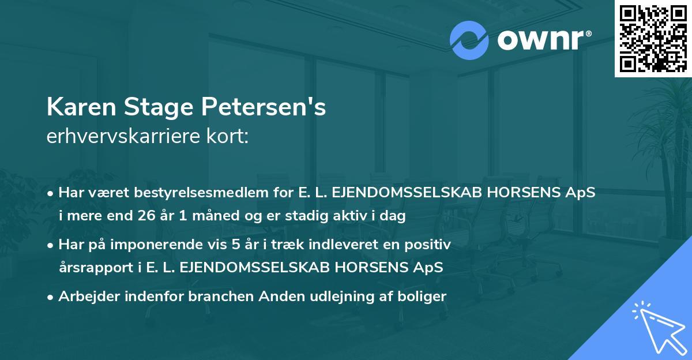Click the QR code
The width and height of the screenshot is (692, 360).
click(653, 39)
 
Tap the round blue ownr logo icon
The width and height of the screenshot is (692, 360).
click(469, 40)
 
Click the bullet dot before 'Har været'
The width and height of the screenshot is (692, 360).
click(51, 194)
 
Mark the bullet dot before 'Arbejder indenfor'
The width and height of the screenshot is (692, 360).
click(51, 298)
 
